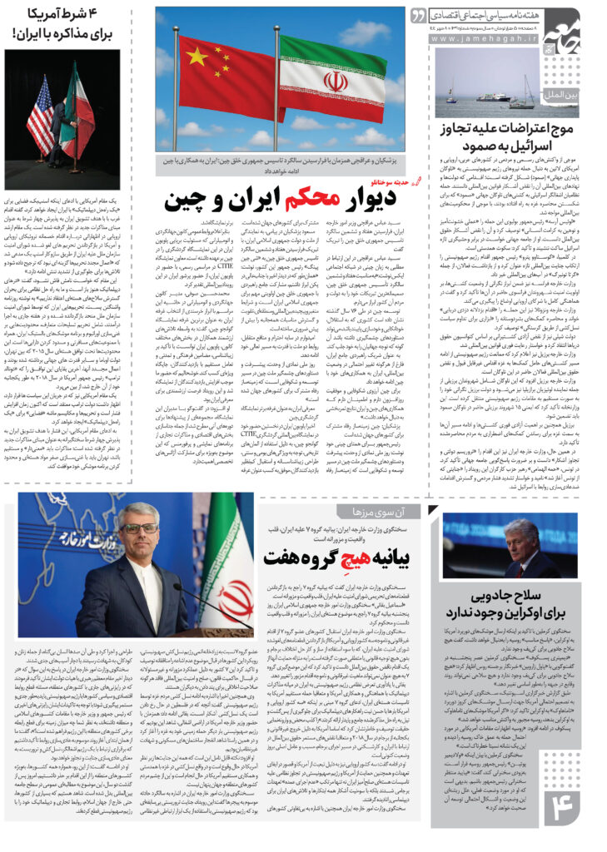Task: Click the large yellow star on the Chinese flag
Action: pyautogui.click(x=197, y=57)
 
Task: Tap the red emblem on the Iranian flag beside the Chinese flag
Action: pyautogui.click(x=336, y=81)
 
